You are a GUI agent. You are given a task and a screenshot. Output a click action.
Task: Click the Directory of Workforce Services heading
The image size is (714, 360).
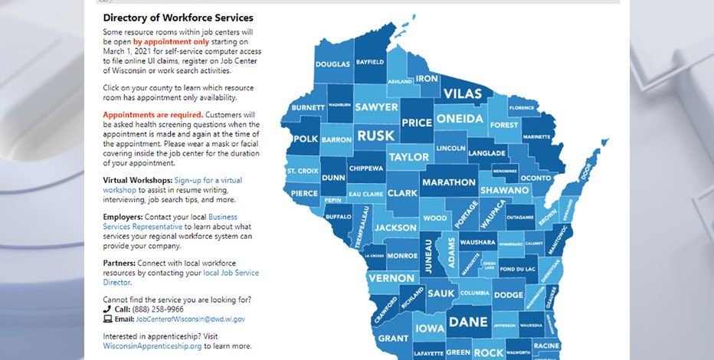click(178, 17)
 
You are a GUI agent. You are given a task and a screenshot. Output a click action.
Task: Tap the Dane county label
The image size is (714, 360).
click(467, 322)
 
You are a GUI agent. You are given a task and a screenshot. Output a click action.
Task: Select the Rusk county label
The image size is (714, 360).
click(375, 136)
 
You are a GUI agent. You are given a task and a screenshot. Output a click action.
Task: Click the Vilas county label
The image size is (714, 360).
click(463, 94)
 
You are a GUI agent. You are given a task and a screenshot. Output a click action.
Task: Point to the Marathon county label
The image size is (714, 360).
click(448, 182)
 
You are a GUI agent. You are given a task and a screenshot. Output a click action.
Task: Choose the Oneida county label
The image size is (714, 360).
click(460, 119)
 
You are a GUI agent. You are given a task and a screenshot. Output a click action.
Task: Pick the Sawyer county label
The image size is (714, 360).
click(376, 108)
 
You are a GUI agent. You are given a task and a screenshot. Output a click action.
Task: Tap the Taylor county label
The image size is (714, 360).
click(409, 157)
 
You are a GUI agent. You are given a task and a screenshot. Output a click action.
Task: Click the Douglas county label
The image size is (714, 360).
click(332, 64)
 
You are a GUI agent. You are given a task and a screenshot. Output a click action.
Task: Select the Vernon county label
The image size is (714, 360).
click(391, 279)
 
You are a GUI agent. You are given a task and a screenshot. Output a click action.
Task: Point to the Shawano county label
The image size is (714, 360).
click(505, 190)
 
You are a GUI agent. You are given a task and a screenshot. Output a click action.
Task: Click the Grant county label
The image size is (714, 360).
click(393, 338)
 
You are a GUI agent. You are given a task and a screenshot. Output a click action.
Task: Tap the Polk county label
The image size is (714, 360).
click(305, 139)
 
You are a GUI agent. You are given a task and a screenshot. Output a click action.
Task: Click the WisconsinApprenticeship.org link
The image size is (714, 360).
click(152, 346)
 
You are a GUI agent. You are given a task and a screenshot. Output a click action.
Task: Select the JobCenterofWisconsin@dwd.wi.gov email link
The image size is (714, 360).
click(191, 319)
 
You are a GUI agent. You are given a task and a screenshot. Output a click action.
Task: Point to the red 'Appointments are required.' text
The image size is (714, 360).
click(153, 114)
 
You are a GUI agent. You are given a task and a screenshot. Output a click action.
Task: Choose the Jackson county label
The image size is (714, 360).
click(395, 227)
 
